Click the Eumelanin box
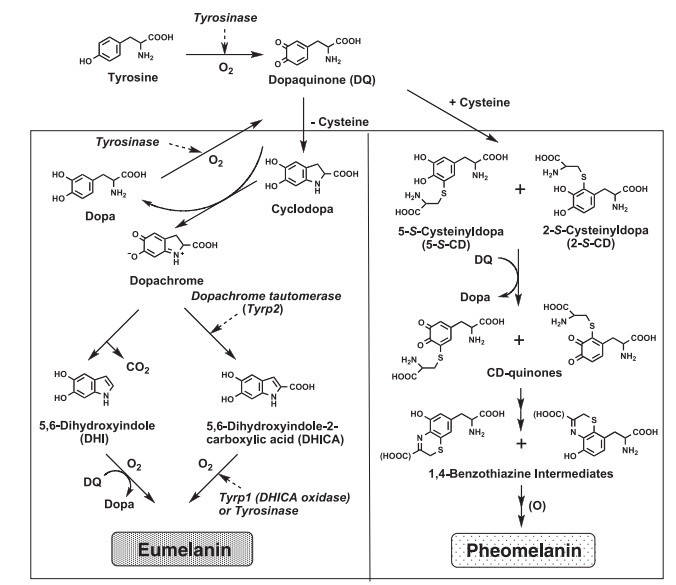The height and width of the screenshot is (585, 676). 182,549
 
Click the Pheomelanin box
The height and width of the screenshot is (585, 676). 523,550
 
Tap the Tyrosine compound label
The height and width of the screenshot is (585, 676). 133,78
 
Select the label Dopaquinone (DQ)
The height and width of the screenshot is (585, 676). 322,80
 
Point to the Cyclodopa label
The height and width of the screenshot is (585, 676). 302,209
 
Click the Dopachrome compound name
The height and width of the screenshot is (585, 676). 166,281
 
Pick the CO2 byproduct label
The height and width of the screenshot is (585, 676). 138,368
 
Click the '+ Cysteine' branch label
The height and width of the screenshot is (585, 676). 479,103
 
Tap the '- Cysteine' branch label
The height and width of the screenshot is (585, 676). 340,122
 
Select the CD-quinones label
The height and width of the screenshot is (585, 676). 524,372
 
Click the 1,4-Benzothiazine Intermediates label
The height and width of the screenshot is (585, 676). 521,474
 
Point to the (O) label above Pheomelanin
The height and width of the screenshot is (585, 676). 537,505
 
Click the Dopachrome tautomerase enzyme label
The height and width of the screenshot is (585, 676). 266,296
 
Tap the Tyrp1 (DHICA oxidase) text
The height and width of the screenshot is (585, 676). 285,497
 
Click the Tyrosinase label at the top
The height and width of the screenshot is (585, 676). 225,18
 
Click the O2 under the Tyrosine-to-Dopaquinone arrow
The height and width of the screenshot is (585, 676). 226,68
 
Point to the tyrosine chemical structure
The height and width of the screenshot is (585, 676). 126,49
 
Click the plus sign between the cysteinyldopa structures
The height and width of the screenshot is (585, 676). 520,189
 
